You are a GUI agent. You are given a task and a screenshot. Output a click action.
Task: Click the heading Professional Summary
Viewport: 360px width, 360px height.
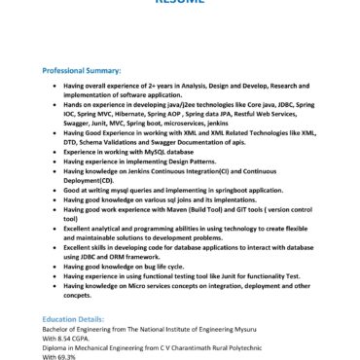pos(82,70)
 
